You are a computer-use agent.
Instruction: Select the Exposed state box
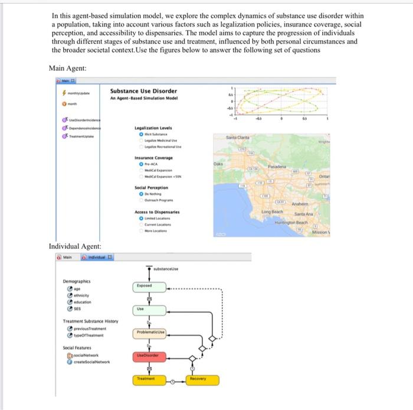click(145, 285)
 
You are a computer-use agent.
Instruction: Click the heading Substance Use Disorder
click(143, 91)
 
